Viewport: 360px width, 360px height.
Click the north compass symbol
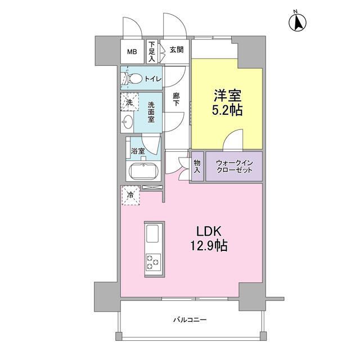coord(298,22)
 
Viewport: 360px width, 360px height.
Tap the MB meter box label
coord(131,52)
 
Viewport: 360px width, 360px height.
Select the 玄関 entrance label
coord(175,49)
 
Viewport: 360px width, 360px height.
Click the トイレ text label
coord(153,79)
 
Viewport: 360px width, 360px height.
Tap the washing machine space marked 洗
coord(129,103)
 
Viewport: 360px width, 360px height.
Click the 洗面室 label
coord(152,113)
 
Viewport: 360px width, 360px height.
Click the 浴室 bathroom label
coord(138,151)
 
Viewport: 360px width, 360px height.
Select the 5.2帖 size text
coord(228,110)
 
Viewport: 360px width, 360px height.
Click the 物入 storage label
coord(197,166)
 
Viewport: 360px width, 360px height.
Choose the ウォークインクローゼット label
coord(233,166)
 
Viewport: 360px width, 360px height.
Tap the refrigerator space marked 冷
coord(130,196)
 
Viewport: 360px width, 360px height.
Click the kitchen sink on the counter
coord(153,233)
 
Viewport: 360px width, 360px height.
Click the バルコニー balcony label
coord(190,320)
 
